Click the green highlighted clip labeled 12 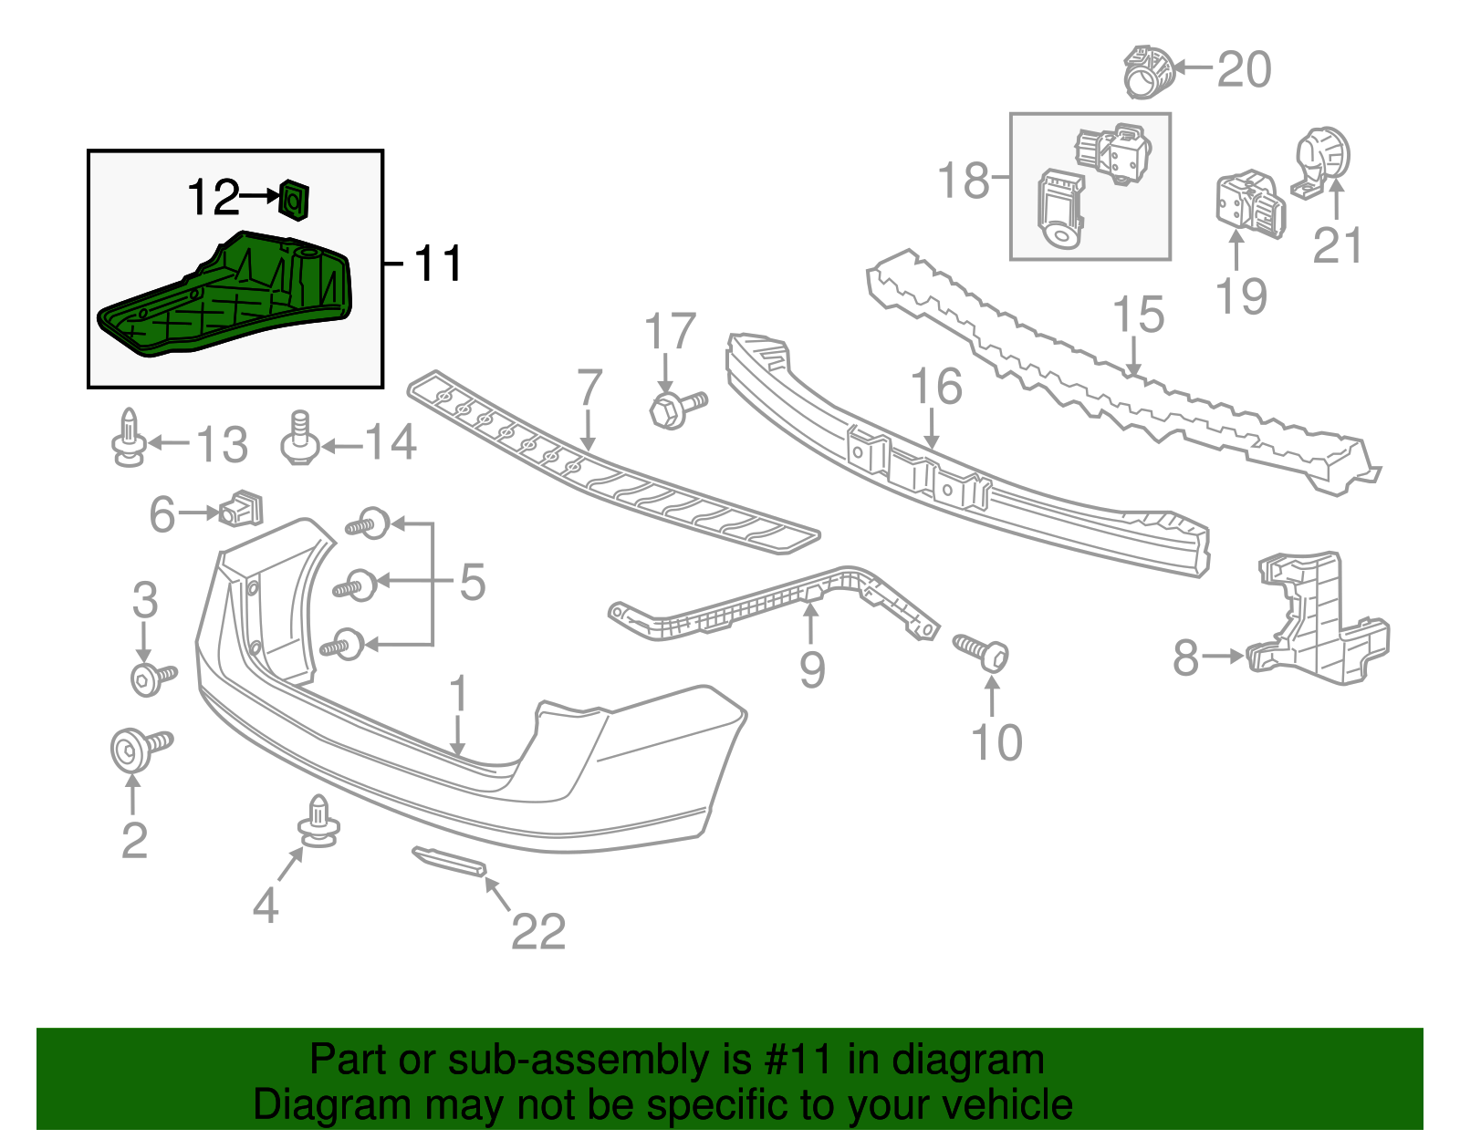[x=294, y=199]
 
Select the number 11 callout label [x=438, y=264]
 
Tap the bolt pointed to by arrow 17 [x=676, y=409]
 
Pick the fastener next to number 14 [x=299, y=441]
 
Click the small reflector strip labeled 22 [x=449, y=861]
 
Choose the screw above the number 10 [x=983, y=653]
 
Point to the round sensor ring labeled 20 [x=1146, y=70]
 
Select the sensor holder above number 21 [x=1320, y=161]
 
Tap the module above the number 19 [x=1248, y=204]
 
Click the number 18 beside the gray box [x=964, y=180]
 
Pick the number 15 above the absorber [x=1139, y=315]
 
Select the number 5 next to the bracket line [x=472, y=582]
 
